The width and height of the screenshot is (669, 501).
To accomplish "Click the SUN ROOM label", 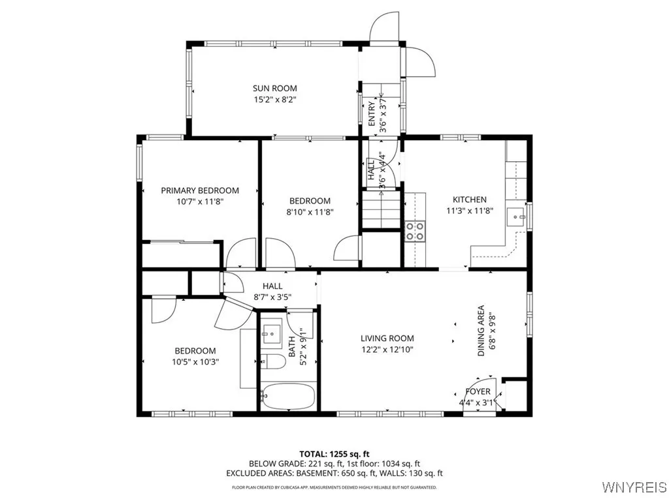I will click(275, 88).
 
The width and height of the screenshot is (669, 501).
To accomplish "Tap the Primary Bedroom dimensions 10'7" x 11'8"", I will click(200, 202).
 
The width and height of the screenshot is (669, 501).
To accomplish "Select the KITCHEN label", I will click(470, 200).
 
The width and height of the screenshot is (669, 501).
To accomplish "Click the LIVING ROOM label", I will click(387, 338).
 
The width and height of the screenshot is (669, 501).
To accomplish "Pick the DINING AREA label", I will click(481, 330).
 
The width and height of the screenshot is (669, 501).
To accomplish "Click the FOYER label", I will click(478, 391).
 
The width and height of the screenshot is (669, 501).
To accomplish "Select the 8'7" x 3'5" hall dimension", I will click(272, 297).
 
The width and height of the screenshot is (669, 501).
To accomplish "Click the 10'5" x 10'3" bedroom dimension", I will click(195, 361).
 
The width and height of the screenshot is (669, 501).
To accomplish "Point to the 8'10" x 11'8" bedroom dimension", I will click(310, 212).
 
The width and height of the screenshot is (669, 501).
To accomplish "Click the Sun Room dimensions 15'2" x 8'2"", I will click(275, 100).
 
